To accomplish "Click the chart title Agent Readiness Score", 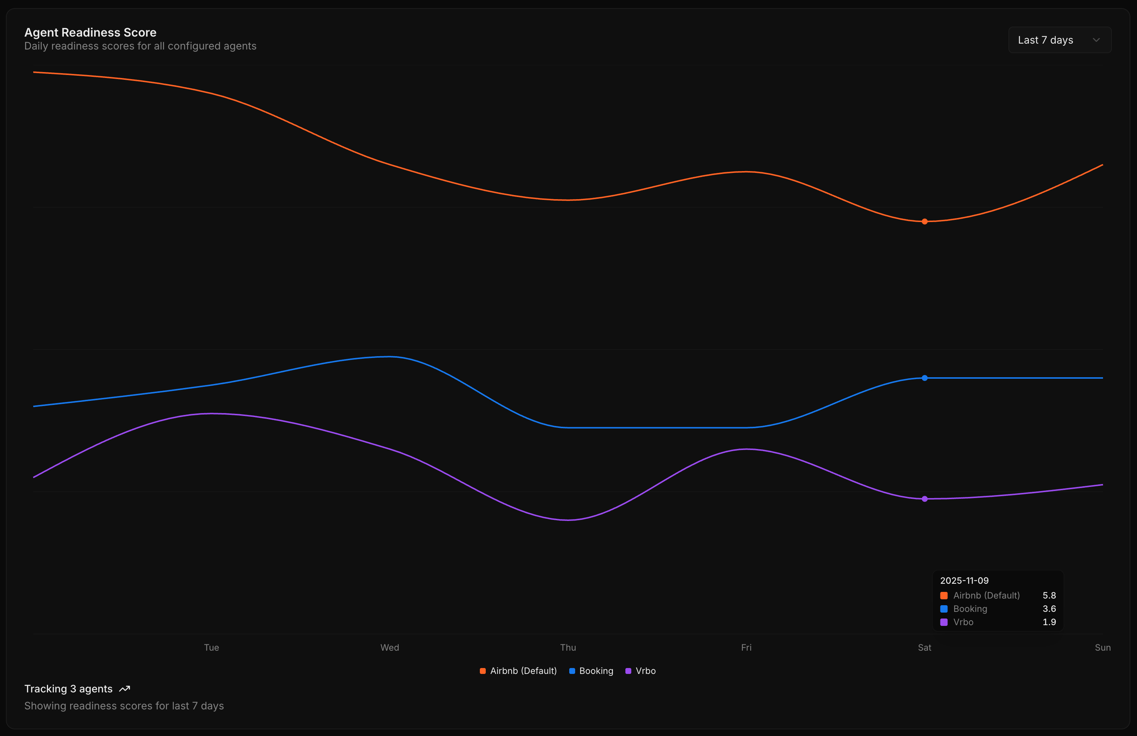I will (x=90, y=33).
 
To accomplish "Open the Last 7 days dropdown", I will (x=1059, y=40).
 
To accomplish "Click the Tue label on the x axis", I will (x=211, y=648).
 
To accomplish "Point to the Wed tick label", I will (x=389, y=648).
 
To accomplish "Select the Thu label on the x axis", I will (x=568, y=648).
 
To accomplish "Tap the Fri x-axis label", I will (x=746, y=648).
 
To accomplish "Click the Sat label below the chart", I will (x=924, y=648).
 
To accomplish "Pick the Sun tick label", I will (x=1102, y=648).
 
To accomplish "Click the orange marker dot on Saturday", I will (x=924, y=221).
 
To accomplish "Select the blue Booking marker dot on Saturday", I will (x=924, y=378).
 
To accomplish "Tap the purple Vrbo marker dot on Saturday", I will (x=924, y=499).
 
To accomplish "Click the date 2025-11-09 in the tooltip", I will (x=964, y=581).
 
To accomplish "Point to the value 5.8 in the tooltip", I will (x=1049, y=596).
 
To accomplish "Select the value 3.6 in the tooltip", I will (x=1049, y=609).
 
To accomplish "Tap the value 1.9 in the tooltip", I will (x=1049, y=622).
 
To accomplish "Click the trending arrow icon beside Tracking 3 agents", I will (x=125, y=689).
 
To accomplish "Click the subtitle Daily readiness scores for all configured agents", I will (x=140, y=46).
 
